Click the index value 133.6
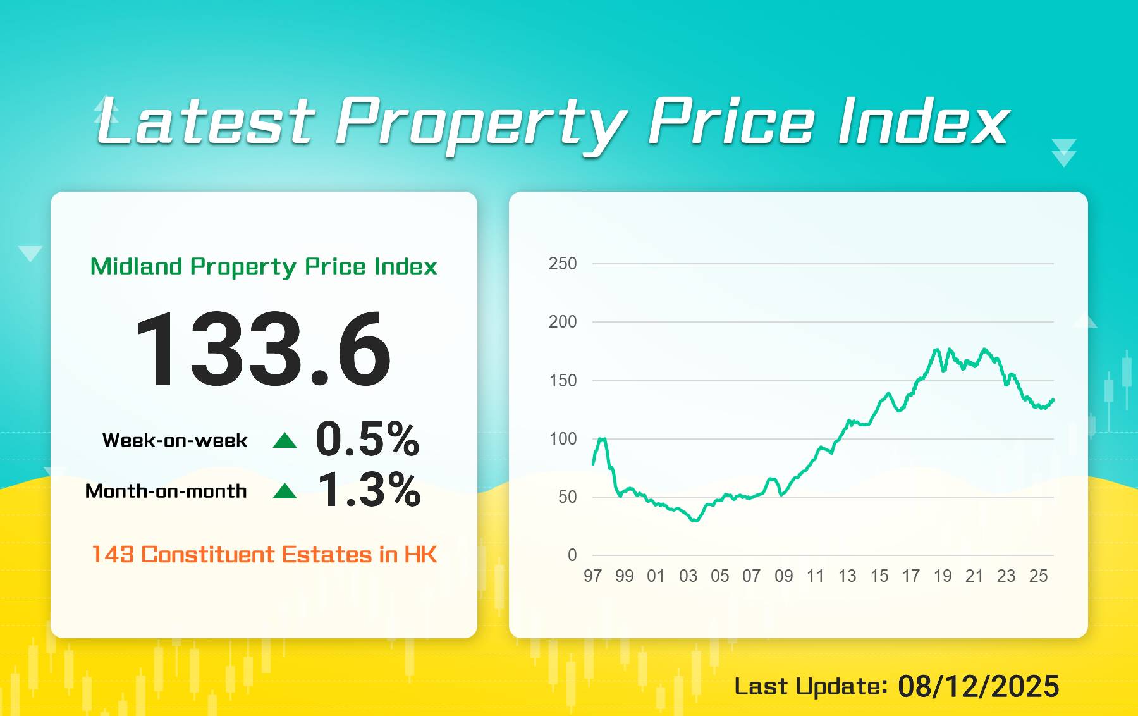point(263,349)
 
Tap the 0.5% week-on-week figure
point(367,439)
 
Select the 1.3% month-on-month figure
point(369,490)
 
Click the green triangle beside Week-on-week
point(284,440)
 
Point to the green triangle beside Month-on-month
point(284,491)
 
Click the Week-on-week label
point(174,440)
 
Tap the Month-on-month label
point(166,491)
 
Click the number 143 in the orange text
point(113,555)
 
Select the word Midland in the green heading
point(136,266)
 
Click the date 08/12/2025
point(978,687)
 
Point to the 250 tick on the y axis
point(563,264)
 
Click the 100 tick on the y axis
point(563,439)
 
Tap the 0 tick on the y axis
point(572,555)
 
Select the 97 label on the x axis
point(592,576)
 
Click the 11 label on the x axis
point(815,576)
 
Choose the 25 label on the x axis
point(1038,576)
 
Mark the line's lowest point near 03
point(695,521)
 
